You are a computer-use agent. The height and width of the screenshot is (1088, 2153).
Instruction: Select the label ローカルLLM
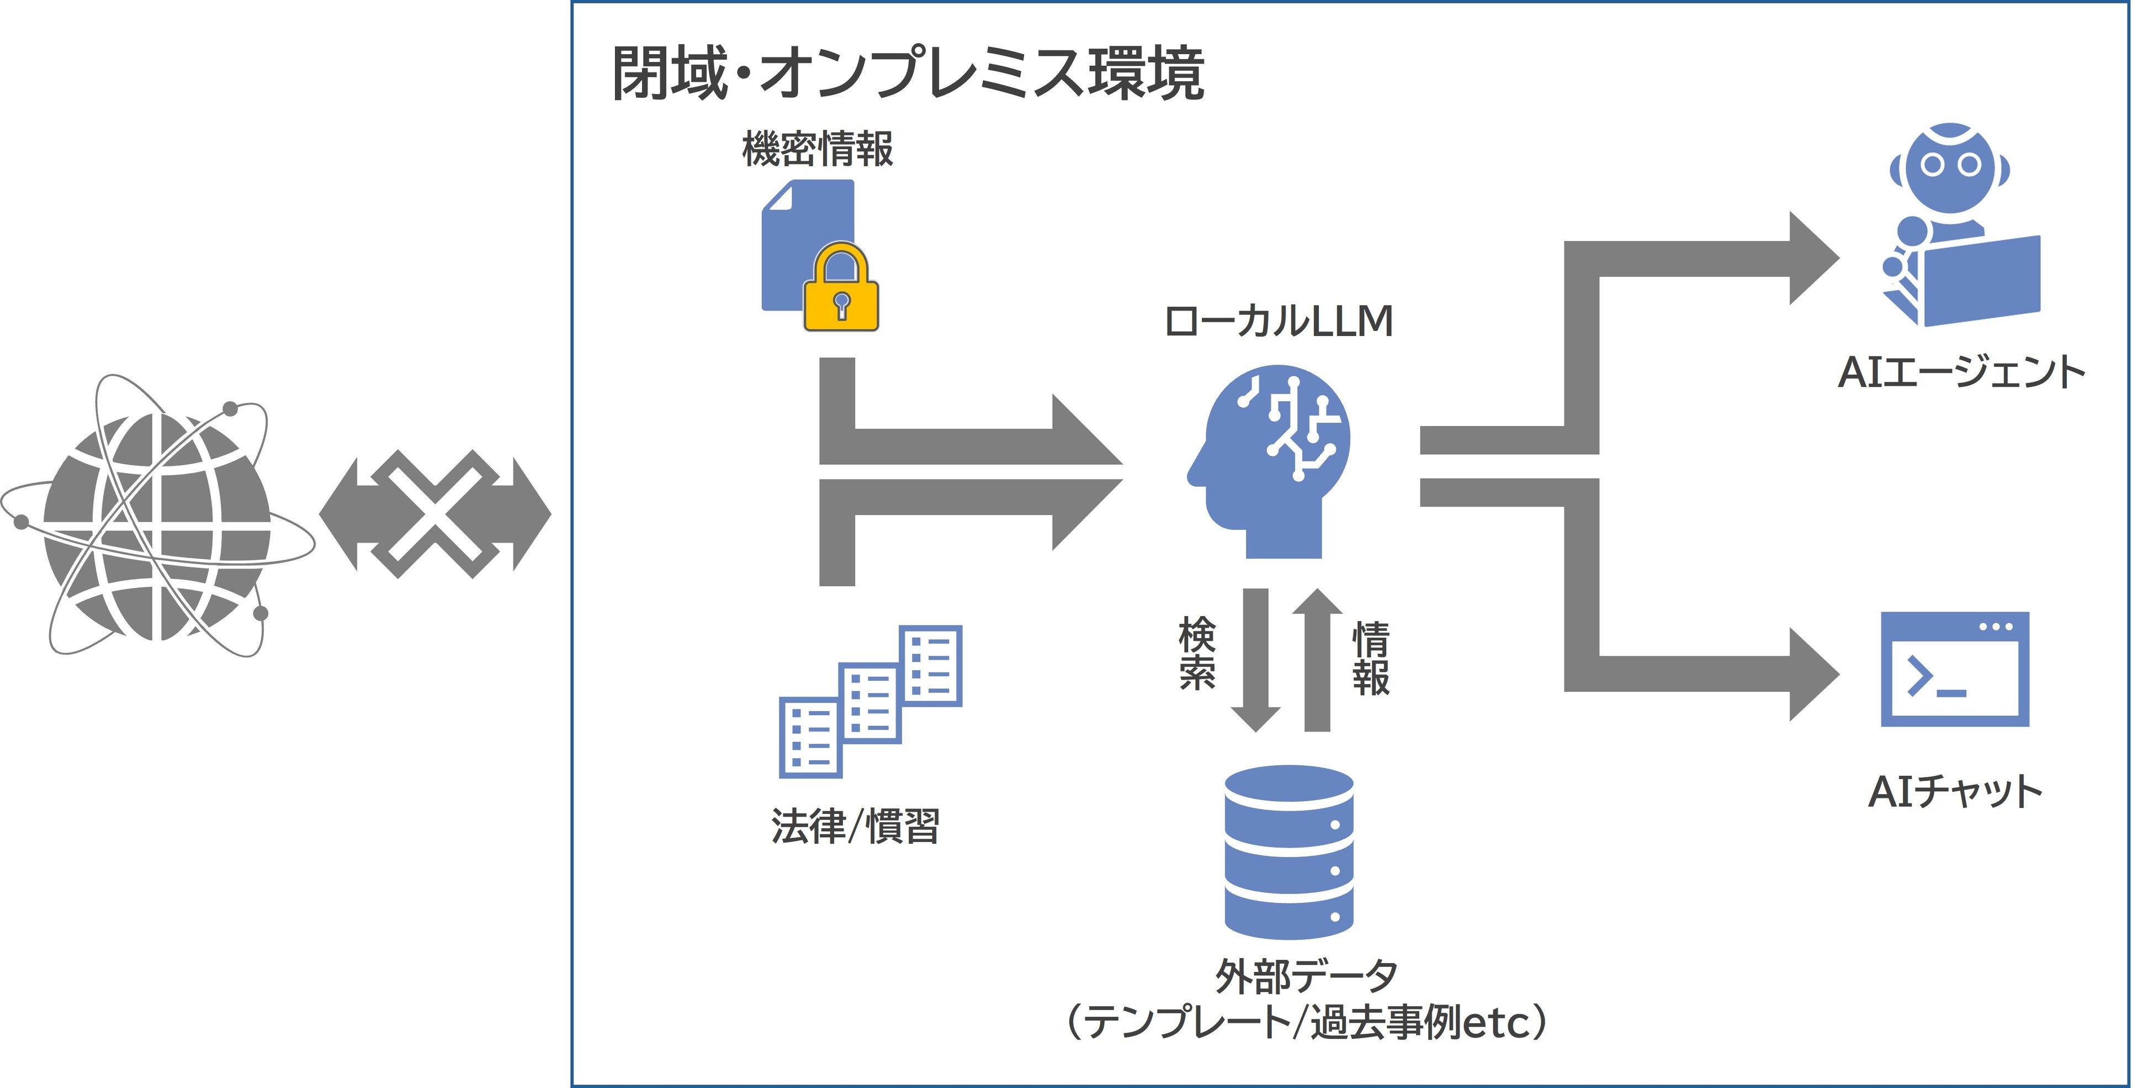click(1278, 321)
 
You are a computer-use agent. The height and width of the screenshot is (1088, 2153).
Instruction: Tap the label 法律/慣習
click(855, 826)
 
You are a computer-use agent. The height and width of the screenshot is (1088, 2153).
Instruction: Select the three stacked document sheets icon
click(870, 701)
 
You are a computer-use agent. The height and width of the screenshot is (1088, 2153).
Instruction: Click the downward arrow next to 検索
click(1255, 661)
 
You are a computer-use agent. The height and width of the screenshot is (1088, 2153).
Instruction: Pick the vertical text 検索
click(1197, 654)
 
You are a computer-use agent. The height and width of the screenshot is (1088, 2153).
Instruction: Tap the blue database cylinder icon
click(1288, 852)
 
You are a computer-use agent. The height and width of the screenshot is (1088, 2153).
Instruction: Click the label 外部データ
click(1306, 975)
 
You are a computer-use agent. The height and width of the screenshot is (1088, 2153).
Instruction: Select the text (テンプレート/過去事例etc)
click(1306, 1022)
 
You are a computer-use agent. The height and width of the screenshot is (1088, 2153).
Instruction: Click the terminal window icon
click(1954, 669)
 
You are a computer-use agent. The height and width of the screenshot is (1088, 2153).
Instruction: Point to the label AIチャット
click(1954, 791)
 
